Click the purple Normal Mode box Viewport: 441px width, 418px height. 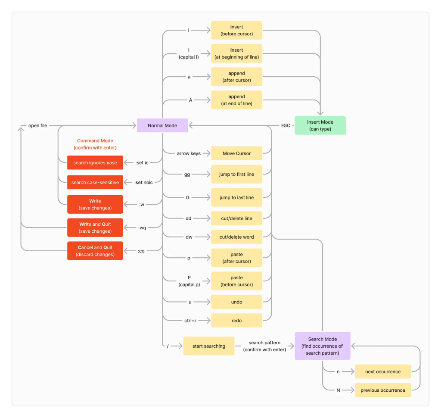click(x=162, y=125)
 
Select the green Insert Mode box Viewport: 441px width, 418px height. click(x=320, y=125)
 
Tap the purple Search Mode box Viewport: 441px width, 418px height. click(x=322, y=346)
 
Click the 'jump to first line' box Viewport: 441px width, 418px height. click(x=236, y=174)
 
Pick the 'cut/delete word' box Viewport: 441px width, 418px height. click(x=236, y=237)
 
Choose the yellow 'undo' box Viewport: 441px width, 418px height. click(x=236, y=302)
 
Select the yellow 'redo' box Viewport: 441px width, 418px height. click(x=236, y=321)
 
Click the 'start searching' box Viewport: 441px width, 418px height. click(x=208, y=346)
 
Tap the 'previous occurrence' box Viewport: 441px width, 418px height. click(x=382, y=390)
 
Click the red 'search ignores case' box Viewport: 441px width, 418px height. click(x=95, y=163)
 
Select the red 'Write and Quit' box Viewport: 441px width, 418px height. click(x=95, y=228)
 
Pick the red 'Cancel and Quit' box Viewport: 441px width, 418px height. click(x=95, y=251)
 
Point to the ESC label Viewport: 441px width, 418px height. click(x=286, y=125)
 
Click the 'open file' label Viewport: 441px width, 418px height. click(x=37, y=125)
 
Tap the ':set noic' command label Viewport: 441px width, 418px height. click(x=144, y=182)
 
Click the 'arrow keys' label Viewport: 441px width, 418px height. click(x=189, y=153)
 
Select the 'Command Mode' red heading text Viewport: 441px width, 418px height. click(x=95, y=140)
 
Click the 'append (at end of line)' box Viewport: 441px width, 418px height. click(x=236, y=100)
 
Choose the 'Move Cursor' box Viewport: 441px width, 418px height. click(x=236, y=153)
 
